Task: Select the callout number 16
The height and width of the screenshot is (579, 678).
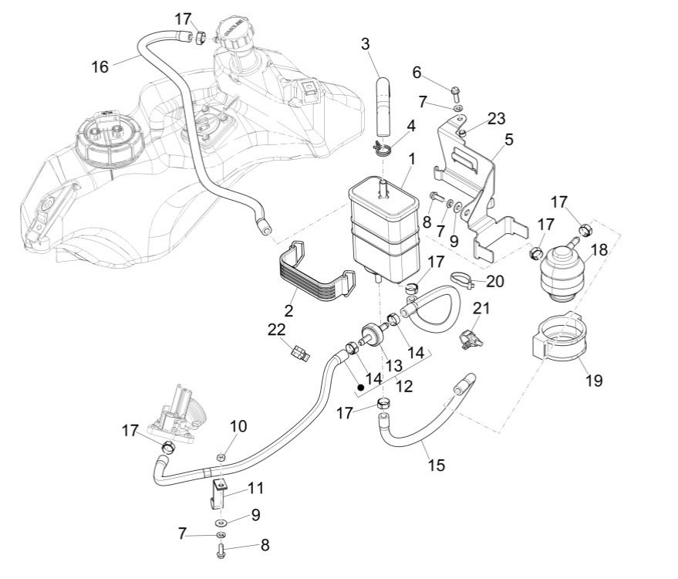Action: tap(100, 66)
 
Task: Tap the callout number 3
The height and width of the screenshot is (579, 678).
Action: tap(366, 43)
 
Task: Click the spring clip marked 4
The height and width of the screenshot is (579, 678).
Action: tap(383, 146)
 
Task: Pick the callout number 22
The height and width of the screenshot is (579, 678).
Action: tap(277, 330)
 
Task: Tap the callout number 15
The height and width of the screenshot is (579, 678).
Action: tap(437, 465)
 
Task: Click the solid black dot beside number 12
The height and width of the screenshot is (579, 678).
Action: tap(360, 380)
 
